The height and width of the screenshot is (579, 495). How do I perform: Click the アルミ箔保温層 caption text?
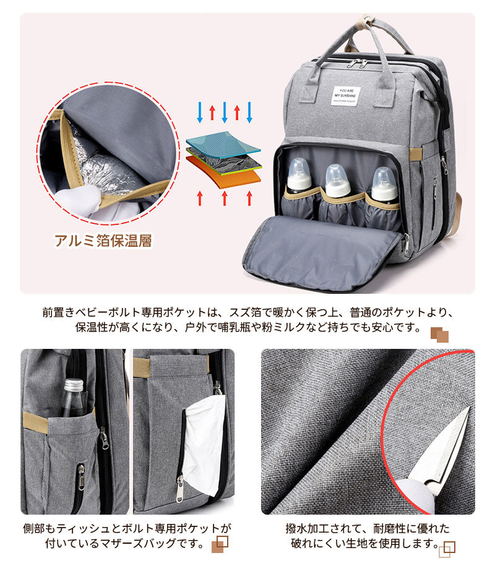[103, 241]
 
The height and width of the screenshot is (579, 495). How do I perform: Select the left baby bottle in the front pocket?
[299, 177]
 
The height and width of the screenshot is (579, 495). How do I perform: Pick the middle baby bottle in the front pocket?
[338, 181]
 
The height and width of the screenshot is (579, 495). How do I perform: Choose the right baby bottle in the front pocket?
[384, 184]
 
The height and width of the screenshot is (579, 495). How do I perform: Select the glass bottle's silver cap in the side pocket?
[74, 385]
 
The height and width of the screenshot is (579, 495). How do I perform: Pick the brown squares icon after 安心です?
[439, 334]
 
